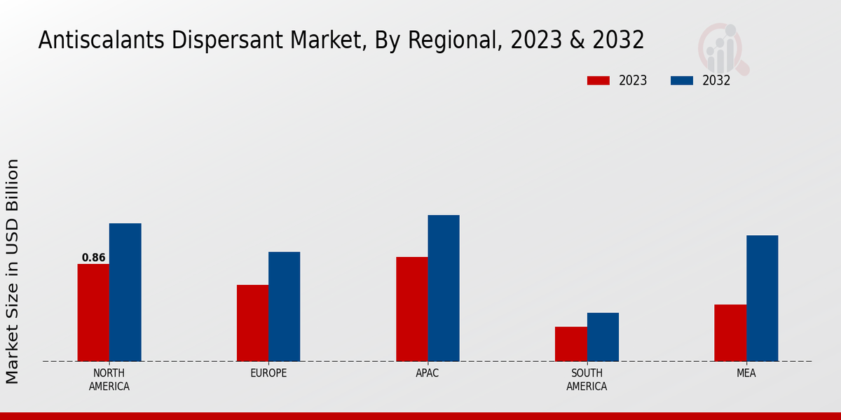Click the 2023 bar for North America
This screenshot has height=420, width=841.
coord(93,312)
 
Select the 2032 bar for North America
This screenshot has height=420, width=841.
coord(125,292)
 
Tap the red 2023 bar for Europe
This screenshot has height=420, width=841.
coord(252,323)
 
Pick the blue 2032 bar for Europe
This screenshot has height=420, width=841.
coord(284,307)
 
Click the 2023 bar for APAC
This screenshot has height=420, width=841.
coord(411,309)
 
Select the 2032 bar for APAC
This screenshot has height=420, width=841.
coord(444,288)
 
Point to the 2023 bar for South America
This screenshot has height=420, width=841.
coord(570,344)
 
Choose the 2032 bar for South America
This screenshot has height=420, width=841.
coord(603,337)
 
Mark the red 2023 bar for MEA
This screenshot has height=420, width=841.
coord(730,332)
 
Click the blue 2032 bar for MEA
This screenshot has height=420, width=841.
coord(762,298)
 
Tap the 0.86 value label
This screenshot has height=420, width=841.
coord(93,258)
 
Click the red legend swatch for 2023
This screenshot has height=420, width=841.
coord(598,80)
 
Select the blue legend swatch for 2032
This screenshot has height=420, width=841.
coord(681,80)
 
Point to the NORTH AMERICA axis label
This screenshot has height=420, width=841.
coord(109,379)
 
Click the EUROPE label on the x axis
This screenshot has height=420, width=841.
coord(268,373)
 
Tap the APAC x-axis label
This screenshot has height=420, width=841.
coord(428,373)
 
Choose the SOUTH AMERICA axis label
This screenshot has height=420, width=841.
coord(587,379)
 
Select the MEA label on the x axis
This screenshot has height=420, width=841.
coord(746,373)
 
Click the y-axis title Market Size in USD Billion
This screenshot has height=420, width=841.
coord(13,272)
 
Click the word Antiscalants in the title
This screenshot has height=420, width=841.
coord(93,41)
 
